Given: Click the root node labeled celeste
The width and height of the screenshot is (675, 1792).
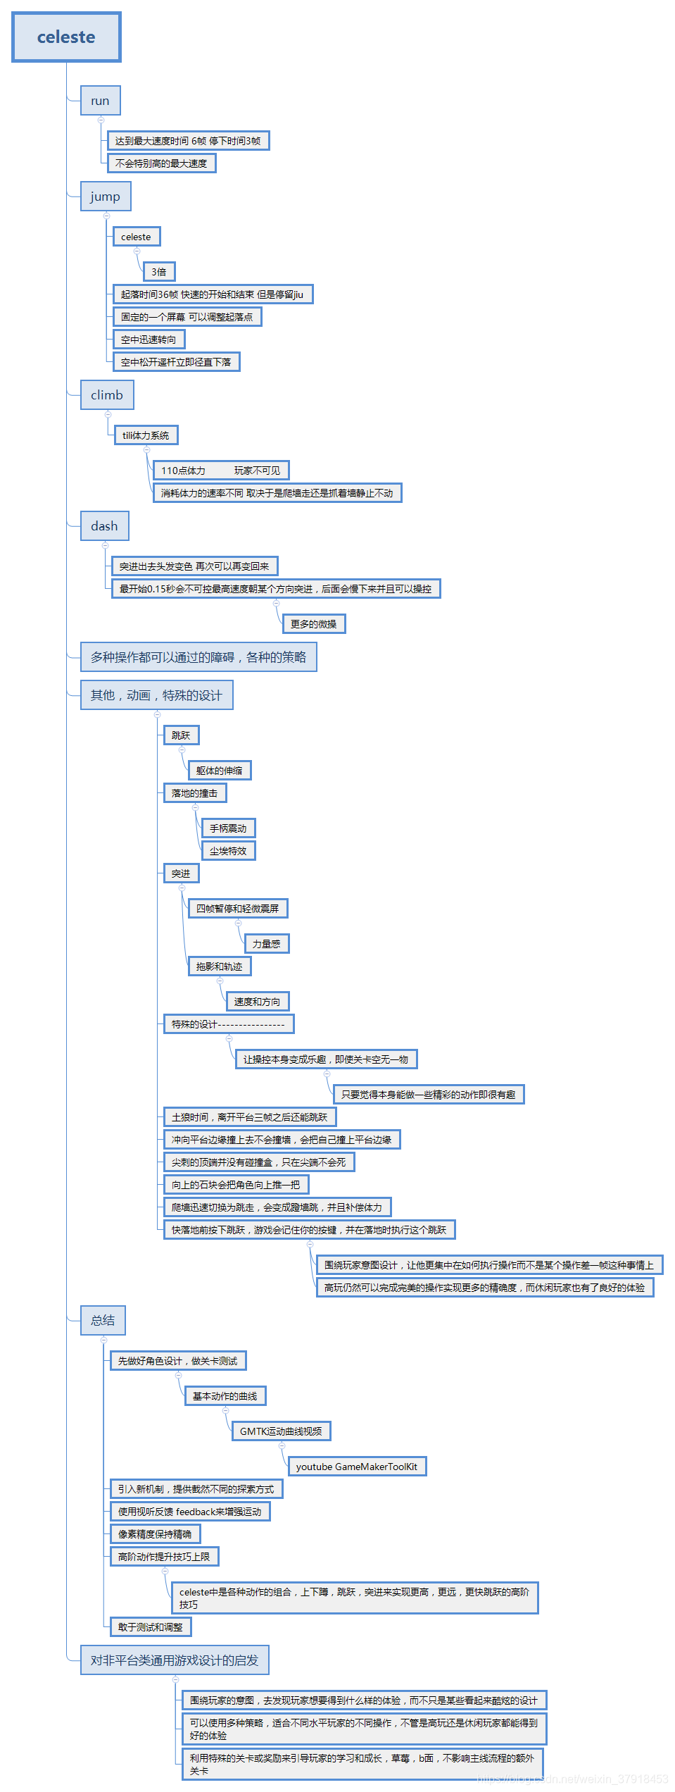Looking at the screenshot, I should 66,37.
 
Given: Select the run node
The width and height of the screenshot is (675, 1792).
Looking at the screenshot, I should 100,101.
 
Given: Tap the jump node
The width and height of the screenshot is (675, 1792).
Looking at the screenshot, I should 106,197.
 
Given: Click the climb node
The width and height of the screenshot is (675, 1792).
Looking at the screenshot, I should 107,395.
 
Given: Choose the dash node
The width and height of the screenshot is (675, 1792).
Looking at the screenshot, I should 104,526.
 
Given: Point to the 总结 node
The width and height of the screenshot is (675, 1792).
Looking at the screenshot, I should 103,1320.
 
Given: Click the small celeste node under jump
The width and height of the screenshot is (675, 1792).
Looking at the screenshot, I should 136,237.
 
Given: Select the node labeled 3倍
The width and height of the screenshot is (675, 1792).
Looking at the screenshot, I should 159,272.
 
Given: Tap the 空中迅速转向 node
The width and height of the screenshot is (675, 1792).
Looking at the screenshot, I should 149,340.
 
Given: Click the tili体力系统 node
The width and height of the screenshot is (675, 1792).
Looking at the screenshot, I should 146,435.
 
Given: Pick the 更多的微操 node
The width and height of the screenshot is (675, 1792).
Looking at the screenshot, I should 314,624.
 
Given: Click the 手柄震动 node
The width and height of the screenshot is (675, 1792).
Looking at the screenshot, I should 228,828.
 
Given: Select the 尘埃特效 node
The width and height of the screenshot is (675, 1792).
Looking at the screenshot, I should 228,851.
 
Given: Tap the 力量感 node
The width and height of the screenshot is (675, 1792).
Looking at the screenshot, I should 267,944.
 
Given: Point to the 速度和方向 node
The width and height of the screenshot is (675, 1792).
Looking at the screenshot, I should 257,1002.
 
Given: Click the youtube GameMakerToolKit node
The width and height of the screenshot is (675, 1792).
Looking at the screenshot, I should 357,1467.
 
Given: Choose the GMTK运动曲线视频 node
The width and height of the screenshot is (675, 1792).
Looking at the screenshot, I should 281,1431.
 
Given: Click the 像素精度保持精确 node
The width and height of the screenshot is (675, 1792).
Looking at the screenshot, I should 155,1534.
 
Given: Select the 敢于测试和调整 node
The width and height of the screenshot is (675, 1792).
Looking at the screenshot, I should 151,1627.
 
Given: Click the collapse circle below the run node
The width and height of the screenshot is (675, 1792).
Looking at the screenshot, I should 101,120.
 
